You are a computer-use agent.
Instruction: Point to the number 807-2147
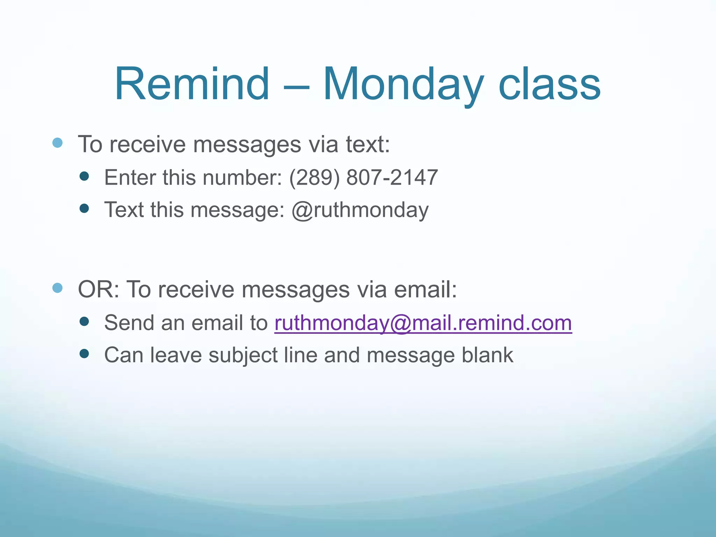pos(392,178)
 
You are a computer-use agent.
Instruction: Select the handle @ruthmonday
pos(360,210)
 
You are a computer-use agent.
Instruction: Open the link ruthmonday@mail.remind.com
pos(423,323)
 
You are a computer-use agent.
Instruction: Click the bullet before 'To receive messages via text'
pos(57,143)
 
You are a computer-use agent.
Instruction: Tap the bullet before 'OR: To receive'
pos(57,288)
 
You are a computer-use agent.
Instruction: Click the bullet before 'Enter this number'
pos(84,176)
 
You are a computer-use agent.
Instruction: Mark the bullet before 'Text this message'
pos(84,209)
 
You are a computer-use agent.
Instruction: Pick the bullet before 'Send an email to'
pos(84,321)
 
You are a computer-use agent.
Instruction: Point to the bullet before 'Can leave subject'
pos(84,354)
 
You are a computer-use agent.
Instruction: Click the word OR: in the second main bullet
pos(99,289)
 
